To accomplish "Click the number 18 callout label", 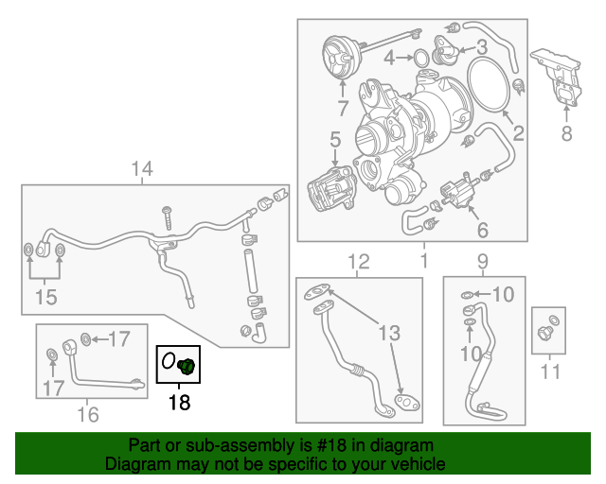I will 178,403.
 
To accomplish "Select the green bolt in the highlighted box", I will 187,366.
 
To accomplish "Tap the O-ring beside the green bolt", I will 169,361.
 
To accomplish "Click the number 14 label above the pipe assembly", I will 141,170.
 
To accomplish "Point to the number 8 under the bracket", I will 566,133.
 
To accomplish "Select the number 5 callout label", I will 334,141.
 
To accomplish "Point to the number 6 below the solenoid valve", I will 481,230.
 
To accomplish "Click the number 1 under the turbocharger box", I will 423,259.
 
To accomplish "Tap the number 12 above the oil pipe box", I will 358,261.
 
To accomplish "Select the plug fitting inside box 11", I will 546,331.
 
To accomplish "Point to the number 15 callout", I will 45,297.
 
